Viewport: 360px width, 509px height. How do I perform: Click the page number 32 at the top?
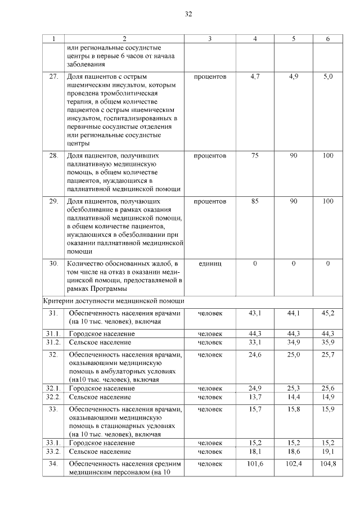(188, 14)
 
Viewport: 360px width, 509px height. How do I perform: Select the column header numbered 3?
(210, 39)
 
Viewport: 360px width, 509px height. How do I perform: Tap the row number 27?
(53, 76)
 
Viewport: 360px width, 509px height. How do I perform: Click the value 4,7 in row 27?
(255, 76)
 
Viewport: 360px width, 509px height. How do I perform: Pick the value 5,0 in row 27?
(328, 76)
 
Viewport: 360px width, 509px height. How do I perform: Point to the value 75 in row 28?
(255, 155)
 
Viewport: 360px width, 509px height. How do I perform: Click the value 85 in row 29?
(255, 201)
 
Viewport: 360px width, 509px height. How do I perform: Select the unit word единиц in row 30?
(210, 263)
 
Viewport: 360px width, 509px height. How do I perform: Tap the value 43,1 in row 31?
(255, 313)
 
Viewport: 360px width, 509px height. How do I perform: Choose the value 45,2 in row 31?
(328, 313)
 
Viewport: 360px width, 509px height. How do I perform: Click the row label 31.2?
(53, 342)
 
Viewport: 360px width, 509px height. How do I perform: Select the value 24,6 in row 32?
(255, 354)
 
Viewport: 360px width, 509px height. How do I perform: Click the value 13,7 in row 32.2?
(255, 397)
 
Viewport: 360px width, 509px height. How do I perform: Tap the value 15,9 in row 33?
(328, 408)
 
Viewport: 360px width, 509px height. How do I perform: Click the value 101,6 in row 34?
(255, 463)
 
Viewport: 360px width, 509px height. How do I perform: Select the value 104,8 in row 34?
(328, 463)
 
